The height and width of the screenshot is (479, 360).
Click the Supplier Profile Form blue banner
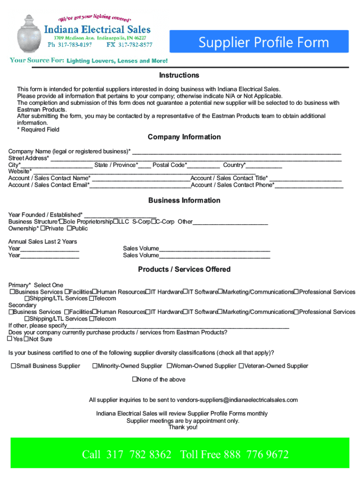[264, 43]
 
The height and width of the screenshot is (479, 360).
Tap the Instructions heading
[179, 75]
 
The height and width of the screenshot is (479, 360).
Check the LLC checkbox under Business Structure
[115, 221]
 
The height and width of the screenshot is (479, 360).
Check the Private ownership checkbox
[43, 228]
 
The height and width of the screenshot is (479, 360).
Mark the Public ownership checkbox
[69, 228]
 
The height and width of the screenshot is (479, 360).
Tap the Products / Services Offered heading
[184, 269]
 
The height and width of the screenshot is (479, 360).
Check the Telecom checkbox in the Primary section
[92, 298]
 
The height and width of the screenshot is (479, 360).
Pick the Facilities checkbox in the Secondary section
[67, 312]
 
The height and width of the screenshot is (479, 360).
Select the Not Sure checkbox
[26, 339]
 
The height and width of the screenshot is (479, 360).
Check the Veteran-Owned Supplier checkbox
[241, 366]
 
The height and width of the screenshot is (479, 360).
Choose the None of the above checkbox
[135, 379]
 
